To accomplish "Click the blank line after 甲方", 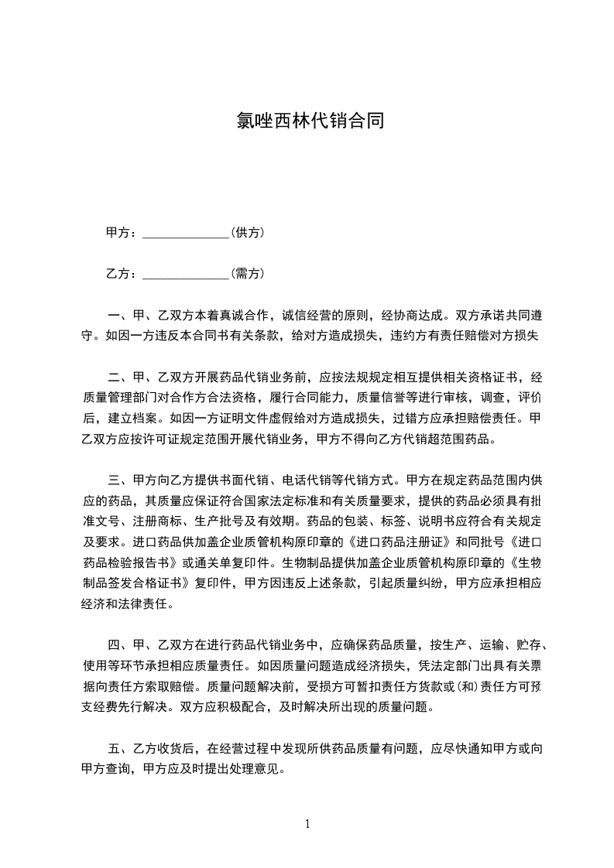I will point(187,233).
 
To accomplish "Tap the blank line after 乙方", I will point(187,274).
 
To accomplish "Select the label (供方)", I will point(249,232).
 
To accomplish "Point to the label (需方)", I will point(249,273).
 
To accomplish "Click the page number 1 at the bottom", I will point(307,824).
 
